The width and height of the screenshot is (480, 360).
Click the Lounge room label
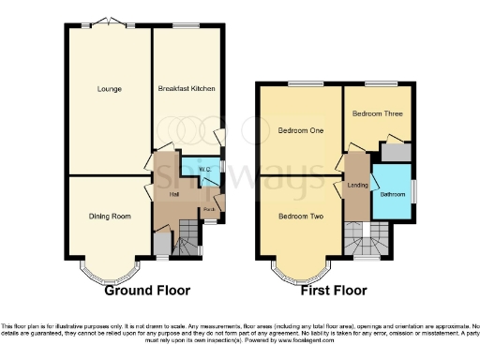pos(108,90)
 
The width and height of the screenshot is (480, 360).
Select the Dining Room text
pos(109,216)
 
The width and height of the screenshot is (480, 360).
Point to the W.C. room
pos(203,170)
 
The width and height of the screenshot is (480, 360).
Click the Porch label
pos(211,208)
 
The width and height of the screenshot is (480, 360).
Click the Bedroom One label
pos(301,130)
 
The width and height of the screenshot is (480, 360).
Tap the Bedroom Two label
pos(301,217)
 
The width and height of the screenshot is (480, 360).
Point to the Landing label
pos(356,186)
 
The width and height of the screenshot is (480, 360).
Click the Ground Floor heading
pos(143,291)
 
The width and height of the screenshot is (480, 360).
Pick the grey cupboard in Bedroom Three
pos(395,150)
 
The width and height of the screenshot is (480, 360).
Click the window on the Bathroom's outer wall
pos(412,194)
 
